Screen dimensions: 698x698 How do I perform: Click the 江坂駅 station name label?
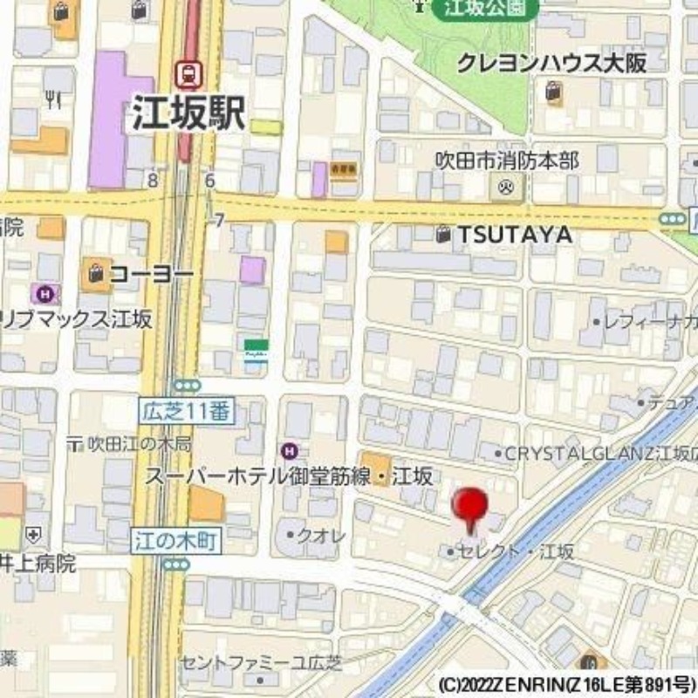pos(188,113)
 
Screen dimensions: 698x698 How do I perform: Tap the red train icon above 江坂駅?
pos(187,72)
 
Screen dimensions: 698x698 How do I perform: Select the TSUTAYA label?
pos(515,235)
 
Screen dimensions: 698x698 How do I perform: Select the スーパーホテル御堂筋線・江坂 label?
pos(289,476)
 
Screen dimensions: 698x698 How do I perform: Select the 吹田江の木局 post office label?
pos(140,444)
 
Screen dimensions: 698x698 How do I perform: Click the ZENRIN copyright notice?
pos(567,682)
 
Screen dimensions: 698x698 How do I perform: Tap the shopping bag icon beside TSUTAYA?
pos(444,234)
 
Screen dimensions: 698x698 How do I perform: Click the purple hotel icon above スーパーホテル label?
pos(290,450)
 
